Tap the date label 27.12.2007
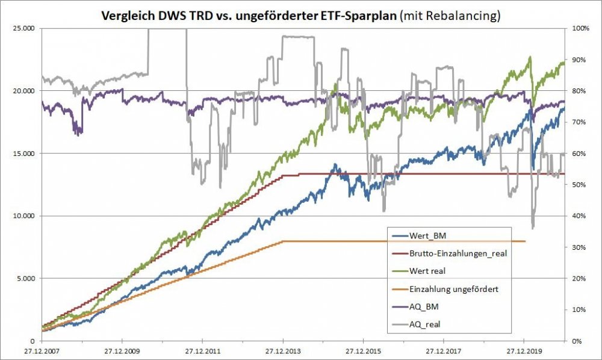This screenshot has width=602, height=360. click(41, 350)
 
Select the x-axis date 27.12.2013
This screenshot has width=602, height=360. click(282, 350)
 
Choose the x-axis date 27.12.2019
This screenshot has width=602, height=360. click(523, 350)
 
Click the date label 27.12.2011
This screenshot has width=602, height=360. click(202, 350)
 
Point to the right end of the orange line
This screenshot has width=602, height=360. click(525, 241)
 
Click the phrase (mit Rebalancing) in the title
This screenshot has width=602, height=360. click(450, 16)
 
